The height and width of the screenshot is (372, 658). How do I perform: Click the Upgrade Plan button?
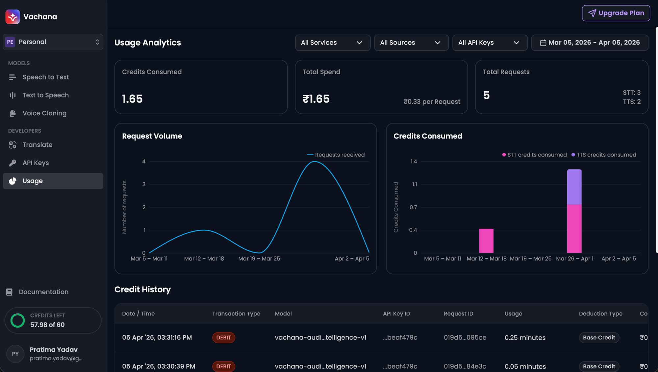[x=616, y=13]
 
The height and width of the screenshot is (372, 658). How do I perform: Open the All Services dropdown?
[x=332, y=43]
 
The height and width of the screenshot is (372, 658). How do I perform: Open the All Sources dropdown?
[x=411, y=43]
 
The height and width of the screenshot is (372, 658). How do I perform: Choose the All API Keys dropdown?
[x=490, y=43]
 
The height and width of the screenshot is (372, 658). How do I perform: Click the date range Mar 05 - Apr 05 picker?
[x=590, y=43]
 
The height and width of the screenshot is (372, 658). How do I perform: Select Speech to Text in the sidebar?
[x=45, y=77]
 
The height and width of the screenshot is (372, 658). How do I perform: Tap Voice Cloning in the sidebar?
[x=44, y=113]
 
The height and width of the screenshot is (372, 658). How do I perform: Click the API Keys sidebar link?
[x=36, y=163]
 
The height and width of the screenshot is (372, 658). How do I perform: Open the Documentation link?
[x=43, y=292]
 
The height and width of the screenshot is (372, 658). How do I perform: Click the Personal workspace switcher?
[x=53, y=42]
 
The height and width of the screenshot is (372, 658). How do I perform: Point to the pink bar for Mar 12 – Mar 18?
[x=486, y=241]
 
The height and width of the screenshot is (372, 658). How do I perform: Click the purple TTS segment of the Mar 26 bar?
[x=574, y=187]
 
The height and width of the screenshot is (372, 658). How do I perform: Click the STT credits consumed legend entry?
[x=534, y=155]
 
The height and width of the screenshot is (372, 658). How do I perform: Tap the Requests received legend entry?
[x=336, y=155]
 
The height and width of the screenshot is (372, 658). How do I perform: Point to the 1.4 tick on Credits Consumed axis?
[x=414, y=161]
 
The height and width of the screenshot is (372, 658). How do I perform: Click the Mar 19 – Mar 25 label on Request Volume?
[x=259, y=259]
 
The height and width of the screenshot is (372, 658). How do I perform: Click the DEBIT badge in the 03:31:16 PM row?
[x=223, y=338]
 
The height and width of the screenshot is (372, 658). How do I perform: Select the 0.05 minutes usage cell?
[x=525, y=366]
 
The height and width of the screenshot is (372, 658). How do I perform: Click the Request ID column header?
[x=458, y=314]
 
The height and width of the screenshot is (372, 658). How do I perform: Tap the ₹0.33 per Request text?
[x=432, y=102]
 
